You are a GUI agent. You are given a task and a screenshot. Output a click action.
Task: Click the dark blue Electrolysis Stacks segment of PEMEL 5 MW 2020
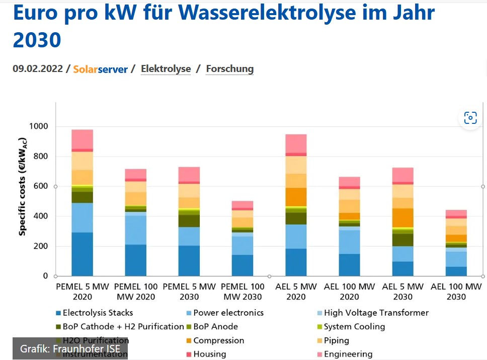tap(82, 254)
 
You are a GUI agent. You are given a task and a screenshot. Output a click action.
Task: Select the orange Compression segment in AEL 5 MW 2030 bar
tap(403, 218)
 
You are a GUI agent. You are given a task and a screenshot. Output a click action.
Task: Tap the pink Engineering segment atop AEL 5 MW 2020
tap(296, 143)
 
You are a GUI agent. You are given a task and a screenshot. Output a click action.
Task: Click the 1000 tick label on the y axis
tap(38, 126)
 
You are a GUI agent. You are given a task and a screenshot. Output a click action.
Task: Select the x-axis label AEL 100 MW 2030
tap(456, 292)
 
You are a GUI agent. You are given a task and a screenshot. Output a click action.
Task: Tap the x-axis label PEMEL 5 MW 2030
tap(189, 292)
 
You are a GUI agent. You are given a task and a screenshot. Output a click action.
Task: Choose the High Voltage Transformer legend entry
tap(376, 313)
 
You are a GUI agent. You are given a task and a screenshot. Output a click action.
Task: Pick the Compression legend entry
tap(218, 340)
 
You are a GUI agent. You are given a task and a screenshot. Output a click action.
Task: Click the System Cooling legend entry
tap(354, 326)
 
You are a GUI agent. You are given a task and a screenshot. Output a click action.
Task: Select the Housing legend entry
tap(209, 354)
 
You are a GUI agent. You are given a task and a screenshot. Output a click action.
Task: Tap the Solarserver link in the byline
tap(100, 69)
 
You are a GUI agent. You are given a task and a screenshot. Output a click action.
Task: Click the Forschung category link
tap(229, 68)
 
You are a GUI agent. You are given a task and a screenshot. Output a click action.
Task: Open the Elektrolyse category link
tap(166, 68)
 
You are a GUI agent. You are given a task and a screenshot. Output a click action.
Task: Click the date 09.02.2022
tap(38, 68)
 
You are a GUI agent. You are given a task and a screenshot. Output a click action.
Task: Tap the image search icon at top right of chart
tap(470, 118)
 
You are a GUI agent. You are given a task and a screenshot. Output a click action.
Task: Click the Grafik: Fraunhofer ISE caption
tap(70, 348)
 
